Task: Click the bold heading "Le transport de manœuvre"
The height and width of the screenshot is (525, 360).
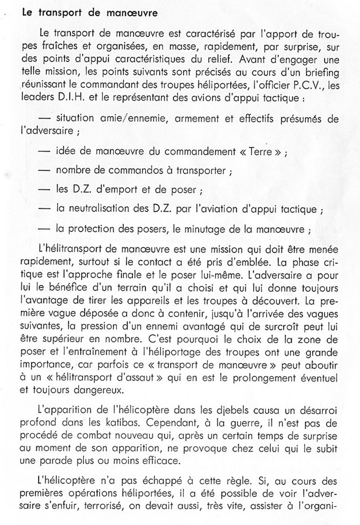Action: point(90,13)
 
